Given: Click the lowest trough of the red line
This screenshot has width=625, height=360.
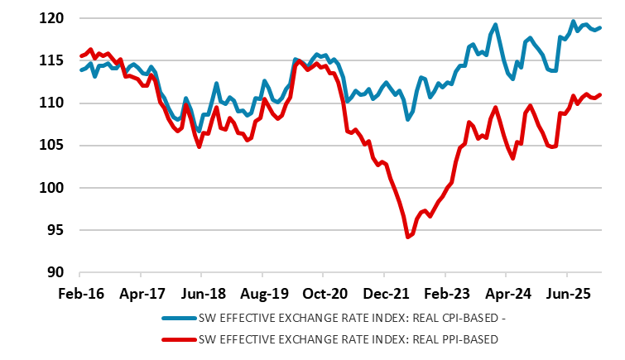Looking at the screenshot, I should tap(407, 238).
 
